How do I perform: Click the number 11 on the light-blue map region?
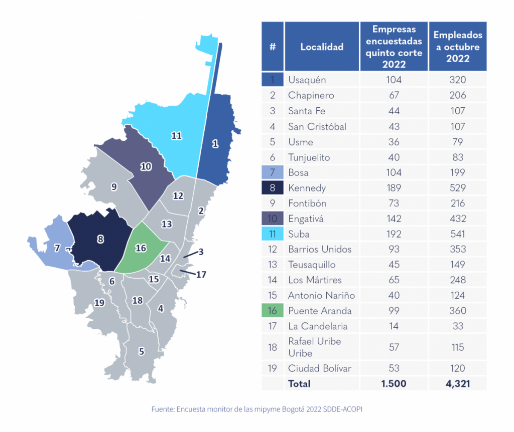point(176,136)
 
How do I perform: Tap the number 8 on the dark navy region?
point(100,240)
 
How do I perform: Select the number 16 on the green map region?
point(141,248)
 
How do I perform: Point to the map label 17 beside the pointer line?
point(201,275)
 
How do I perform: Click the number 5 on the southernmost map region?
point(142,351)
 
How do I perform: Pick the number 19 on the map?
point(99,302)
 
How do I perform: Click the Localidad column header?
point(322,47)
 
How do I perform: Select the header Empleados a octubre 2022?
point(458,47)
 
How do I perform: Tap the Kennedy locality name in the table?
point(307,188)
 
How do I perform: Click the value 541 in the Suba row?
point(458,234)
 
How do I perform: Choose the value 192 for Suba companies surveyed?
point(394,234)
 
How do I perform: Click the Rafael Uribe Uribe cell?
point(314,347)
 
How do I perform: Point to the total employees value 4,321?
point(458,384)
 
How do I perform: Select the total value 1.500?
point(394,384)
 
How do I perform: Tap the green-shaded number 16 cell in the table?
point(273,311)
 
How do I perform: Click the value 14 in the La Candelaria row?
point(394,326)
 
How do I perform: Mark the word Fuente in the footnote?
point(163,409)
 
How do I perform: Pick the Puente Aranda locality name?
point(320,311)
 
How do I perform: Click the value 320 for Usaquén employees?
point(458,80)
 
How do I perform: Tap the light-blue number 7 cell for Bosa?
point(273,172)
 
